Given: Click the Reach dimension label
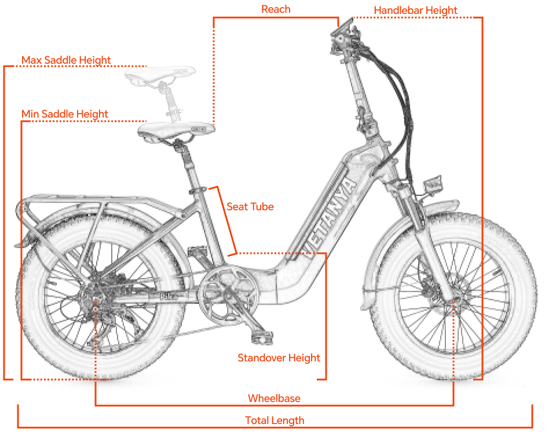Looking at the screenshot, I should tap(276, 9).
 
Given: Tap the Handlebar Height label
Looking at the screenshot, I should tap(415, 10).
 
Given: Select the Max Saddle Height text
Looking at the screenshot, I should tap(66, 60).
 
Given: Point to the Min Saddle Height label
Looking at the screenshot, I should tap(65, 114).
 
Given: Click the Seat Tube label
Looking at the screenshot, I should tap(250, 206).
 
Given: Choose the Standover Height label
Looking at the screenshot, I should tap(279, 358).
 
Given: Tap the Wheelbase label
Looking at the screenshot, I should tap(274, 398).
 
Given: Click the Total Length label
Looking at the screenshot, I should tap(275, 421).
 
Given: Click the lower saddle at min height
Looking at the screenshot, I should tap(174, 130).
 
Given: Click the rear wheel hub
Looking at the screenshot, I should tap(95, 299).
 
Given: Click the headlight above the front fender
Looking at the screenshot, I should tap(433, 185).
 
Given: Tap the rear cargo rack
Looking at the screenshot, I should tap(93, 203).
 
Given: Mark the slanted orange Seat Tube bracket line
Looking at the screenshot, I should tap(222, 220).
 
